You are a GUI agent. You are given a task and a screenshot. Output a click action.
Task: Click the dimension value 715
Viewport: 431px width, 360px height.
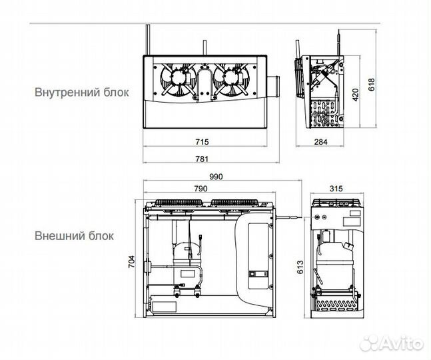point(202,141)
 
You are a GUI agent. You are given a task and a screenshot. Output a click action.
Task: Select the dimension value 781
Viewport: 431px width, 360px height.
point(202,159)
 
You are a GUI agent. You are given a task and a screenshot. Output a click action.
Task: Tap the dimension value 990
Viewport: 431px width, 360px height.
point(216,177)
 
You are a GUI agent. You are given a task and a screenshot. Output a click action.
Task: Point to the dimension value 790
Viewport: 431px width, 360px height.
point(201,189)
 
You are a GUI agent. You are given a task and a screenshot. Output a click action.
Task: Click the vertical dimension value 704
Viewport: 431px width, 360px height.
point(132,261)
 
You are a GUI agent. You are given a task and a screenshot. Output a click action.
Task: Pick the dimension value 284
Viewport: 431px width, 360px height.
point(321,141)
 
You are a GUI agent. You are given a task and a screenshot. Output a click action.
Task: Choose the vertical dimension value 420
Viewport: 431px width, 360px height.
point(356,95)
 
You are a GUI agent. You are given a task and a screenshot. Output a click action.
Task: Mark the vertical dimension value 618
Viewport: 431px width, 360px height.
point(371,85)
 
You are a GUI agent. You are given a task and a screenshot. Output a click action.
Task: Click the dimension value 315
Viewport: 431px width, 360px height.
point(336,189)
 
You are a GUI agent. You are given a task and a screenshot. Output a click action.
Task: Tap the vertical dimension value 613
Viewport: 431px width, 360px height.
point(300,267)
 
